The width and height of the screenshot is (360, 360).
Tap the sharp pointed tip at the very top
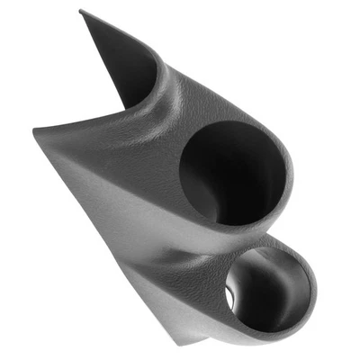click(x=81, y=11)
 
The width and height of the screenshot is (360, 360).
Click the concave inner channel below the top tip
click(x=117, y=67)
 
